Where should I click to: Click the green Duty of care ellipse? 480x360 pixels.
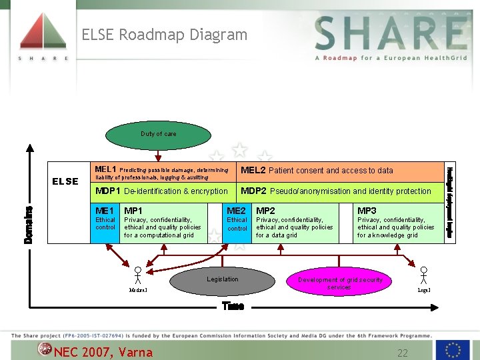coord(159,134)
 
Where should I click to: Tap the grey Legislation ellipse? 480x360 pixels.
coord(222,281)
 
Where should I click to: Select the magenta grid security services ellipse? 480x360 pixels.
coord(339,283)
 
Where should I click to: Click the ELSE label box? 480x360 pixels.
coord(65,181)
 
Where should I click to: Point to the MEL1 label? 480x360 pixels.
coord(105,169)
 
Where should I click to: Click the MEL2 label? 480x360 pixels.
coord(253,170)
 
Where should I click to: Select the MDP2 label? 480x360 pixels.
coord(254,191)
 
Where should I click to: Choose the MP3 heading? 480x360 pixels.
coord(367,211)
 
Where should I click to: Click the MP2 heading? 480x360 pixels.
coord(266,211)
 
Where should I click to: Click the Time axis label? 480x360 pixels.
coord(233,306)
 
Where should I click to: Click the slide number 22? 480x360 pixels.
coord(402,352)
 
